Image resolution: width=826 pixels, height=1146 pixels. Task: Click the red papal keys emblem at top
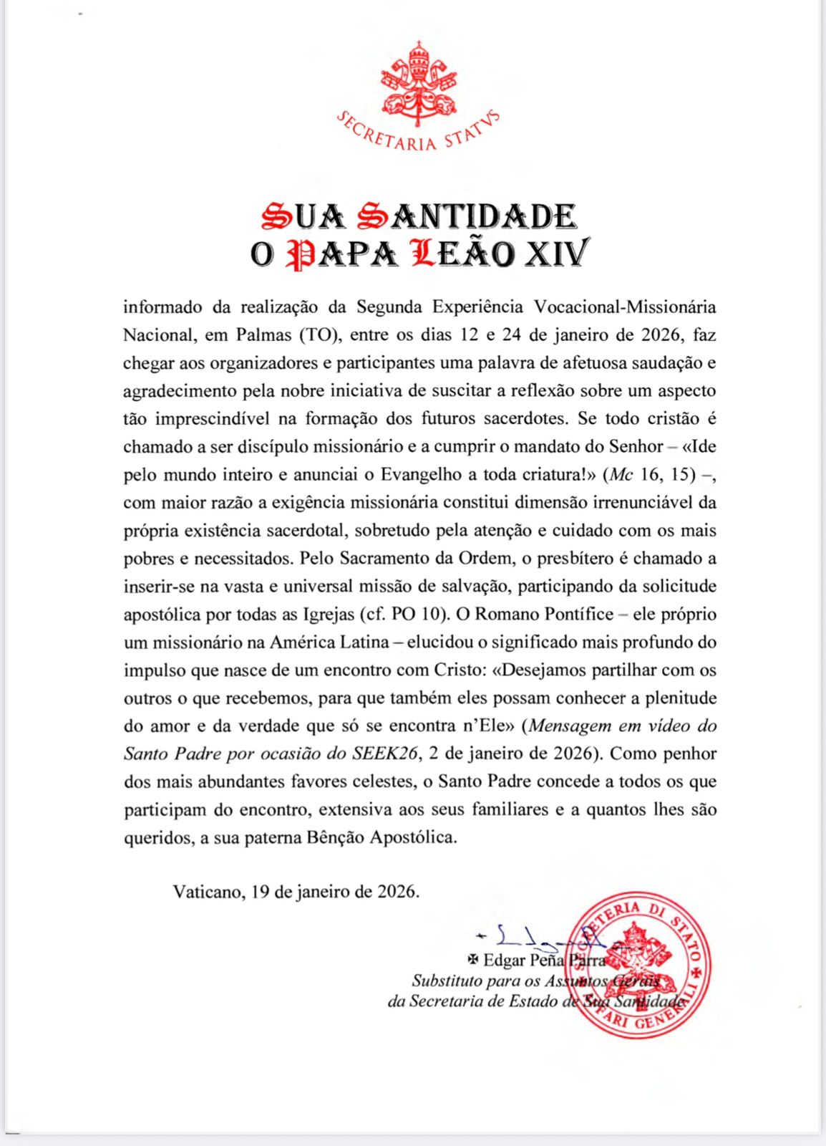point(419,83)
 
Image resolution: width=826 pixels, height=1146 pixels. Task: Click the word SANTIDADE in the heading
point(465,216)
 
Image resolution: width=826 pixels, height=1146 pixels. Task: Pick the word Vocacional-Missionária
point(625,307)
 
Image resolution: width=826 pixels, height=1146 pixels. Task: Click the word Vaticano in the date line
point(206,892)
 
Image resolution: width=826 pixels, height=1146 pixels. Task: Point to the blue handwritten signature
point(537,935)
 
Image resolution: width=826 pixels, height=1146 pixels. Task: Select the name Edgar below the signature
point(507,960)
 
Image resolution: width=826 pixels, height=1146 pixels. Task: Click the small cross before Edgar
point(472,960)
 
